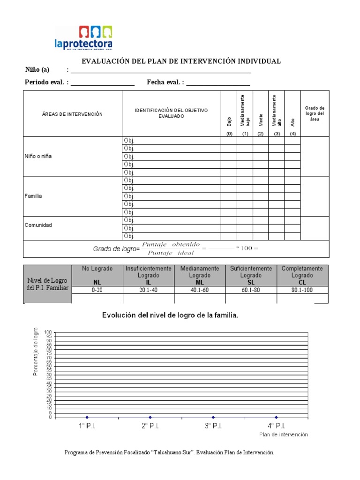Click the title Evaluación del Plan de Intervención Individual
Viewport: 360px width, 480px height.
pyautogui.click(x=181, y=61)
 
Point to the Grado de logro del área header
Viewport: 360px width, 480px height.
pyautogui.click(x=315, y=113)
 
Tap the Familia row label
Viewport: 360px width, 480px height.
pyautogui.click(x=33, y=196)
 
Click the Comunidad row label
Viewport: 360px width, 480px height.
pyautogui.click(x=38, y=225)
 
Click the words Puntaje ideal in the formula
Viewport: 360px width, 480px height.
pyautogui.click(x=167, y=254)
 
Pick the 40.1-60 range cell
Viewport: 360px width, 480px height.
pyautogui.click(x=200, y=290)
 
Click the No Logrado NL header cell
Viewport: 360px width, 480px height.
pyautogui.click(x=96, y=275)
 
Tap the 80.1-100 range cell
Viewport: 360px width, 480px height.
pyautogui.click(x=302, y=290)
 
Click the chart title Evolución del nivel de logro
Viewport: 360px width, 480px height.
pyautogui.click(x=171, y=315)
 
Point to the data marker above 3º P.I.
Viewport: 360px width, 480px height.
pyautogui.click(x=213, y=417)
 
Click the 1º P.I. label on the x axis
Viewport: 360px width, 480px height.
pyautogui.click(x=87, y=426)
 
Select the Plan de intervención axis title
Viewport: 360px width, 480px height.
pyautogui.click(x=284, y=435)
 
